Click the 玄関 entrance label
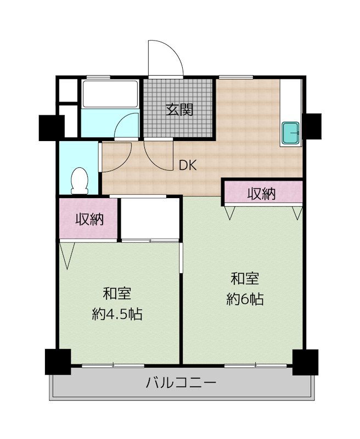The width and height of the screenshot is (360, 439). (179, 110)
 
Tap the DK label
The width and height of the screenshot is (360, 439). (188, 166)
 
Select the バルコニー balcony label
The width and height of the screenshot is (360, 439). (181, 382)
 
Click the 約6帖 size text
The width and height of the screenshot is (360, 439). (245, 299)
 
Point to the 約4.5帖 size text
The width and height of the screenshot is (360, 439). (117, 314)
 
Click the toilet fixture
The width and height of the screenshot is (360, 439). (80, 181)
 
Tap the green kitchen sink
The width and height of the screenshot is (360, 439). (290, 133)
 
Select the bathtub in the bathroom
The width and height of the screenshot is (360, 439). (110, 94)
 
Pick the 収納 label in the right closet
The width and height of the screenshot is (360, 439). (261, 194)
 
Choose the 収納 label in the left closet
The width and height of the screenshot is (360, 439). (90, 219)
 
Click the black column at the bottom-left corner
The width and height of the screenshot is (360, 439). (58, 362)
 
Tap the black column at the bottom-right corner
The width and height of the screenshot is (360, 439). (306, 362)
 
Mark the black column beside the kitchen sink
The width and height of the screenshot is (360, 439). (312, 126)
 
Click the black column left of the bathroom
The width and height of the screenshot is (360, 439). (52, 128)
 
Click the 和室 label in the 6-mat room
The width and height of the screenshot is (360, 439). (245, 279)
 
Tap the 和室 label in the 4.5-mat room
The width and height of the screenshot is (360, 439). (117, 294)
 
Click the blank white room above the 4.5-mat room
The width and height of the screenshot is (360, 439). (150, 218)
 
